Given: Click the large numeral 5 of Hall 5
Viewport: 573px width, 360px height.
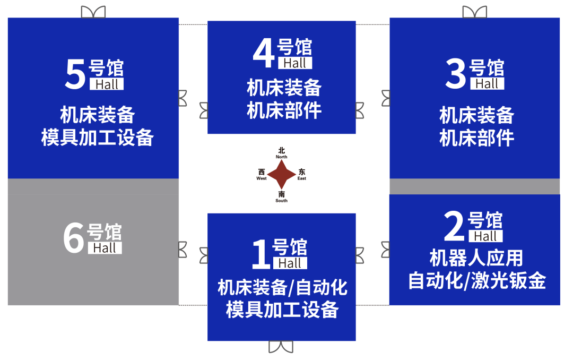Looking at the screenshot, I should click(75, 74).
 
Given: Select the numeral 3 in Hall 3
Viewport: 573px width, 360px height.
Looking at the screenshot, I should click(455, 74).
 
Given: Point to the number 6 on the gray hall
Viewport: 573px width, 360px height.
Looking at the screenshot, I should click(74, 238).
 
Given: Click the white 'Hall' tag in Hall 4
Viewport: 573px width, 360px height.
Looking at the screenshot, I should click(295, 63).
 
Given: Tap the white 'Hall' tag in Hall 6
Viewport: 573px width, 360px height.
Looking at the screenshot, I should click(105, 248).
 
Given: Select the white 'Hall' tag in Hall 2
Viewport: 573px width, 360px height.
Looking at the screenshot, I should click(485, 236).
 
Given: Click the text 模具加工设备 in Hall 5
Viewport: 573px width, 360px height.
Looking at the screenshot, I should click(98, 138).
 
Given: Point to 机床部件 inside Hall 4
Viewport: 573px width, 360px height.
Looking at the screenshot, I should click(284, 111).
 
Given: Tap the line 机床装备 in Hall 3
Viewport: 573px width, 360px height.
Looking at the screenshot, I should click(476, 115).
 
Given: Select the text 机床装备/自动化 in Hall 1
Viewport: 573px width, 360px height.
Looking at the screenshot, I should click(282, 288).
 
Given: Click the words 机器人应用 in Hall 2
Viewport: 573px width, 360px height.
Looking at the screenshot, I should click(476, 259).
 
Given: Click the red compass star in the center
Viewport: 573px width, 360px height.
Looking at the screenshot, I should click(281, 174).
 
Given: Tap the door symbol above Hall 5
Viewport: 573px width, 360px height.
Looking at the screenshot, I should click(93, 12).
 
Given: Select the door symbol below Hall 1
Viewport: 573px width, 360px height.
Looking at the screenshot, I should click(281, 347).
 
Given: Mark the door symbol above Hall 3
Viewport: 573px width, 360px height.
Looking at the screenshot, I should click(474, 12).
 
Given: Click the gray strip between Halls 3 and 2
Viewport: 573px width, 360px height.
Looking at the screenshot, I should click(474, 186).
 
